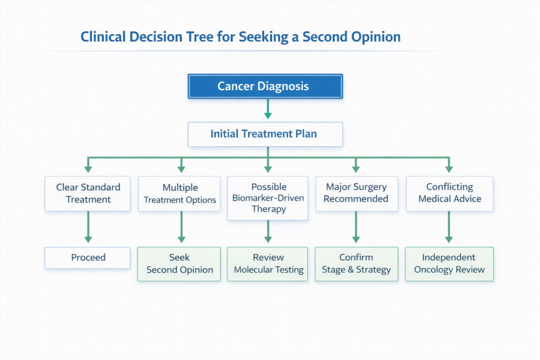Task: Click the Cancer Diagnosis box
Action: tap(265, 86)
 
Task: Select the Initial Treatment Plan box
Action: tap(265, 134)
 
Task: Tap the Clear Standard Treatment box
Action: tap(88, 193)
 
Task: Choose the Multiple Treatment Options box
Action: tap(179, 193)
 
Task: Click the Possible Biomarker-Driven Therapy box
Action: tap(268, 198)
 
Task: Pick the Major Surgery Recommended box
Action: tap(356, 193)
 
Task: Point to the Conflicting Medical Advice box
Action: tap(449, 193)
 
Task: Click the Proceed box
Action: tap(88, 258)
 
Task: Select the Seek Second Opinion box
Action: tap(179, 264)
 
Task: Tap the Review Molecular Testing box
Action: tap(268, 264)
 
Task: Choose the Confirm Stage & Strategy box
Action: tap(356, 264)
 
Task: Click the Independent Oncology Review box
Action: tap(449, 264)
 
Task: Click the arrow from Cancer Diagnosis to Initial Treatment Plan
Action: tap(268, 109)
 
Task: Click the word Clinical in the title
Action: tap(104, 37)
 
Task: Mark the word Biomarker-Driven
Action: tap(268, 198)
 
